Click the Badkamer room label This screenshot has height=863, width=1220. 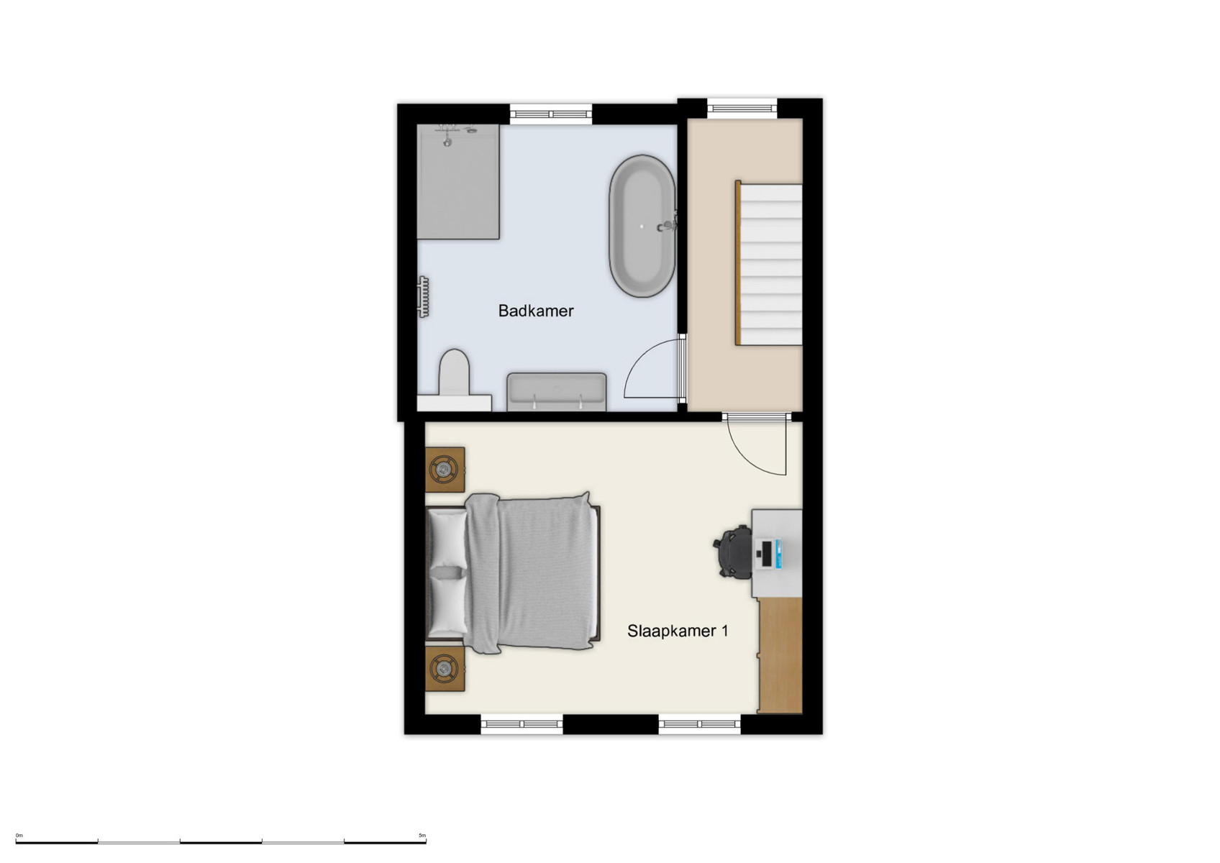(x=536, y=311)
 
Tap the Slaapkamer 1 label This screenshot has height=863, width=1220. (x=678, y=631)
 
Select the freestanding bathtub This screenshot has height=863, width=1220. (x=642, y=226)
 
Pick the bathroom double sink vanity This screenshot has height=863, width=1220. (x=557, y=392)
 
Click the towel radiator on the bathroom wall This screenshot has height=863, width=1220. (x=424, y=296)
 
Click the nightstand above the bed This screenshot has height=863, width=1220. (x=445, y=470)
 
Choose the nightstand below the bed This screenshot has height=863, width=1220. (x=445, y=669)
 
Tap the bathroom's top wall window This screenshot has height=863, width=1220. (x=551, y=114)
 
